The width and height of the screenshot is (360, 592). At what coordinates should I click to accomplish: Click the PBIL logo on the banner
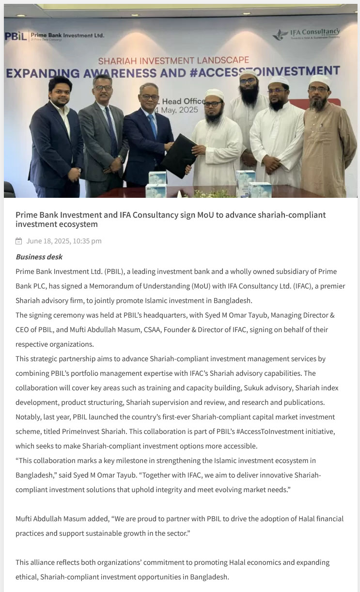click(16, 36)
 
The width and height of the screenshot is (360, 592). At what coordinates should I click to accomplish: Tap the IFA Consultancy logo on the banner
click(307, 34)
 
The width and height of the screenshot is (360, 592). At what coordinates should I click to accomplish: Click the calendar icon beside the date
click(19, 241)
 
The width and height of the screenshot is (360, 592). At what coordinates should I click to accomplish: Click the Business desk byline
click(39, 257)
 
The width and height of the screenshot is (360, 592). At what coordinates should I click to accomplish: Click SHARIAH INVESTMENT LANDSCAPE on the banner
click(173, 61)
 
